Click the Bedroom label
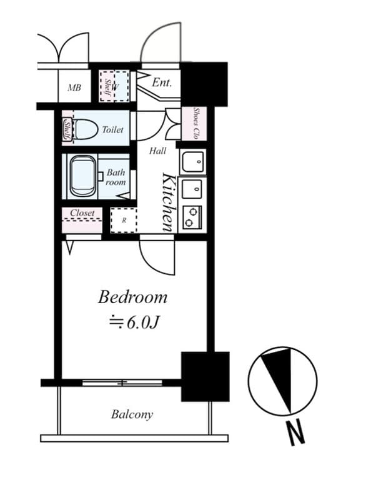(132, 297)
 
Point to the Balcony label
(132, 414)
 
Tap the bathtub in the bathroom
(82, 176)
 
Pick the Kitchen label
(168, 202)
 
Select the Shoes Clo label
(195, 124)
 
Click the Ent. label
(161, 82)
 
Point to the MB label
(74, 88)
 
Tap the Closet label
(82, 213)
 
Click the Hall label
(157, 151)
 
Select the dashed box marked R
(124, 220)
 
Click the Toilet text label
(112, 130)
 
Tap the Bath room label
(116, 177)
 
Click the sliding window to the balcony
(122, 382)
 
